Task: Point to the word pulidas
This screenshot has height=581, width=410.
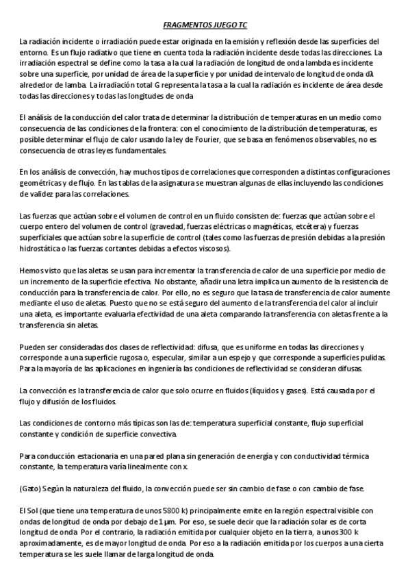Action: click(372, 357)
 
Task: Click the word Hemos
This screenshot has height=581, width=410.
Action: click(32, 271)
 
